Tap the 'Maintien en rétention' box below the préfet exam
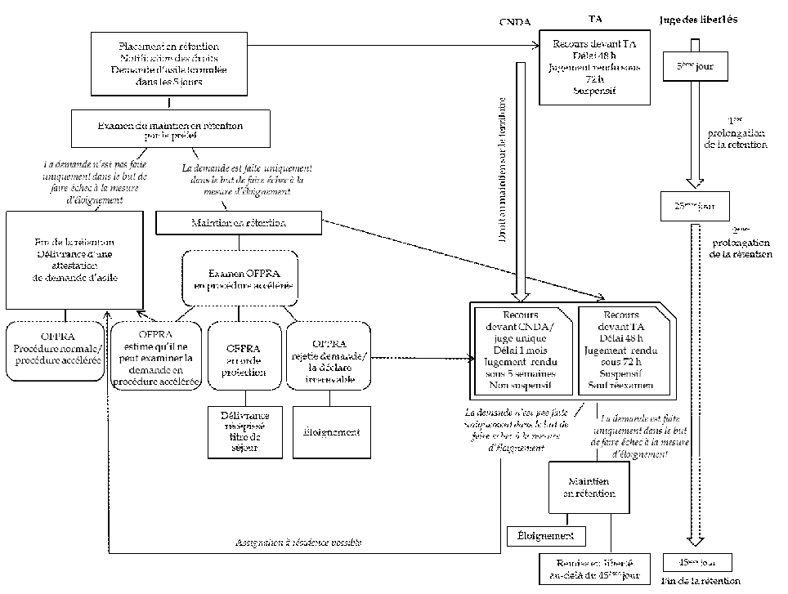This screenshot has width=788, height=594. pos(239,221)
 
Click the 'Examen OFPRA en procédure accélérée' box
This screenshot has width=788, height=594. pos(238,278)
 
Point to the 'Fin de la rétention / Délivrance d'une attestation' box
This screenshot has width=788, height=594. pos(66,259)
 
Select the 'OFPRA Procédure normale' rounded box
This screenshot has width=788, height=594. pos(56,352)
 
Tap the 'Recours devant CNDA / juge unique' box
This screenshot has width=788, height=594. pos(521,350)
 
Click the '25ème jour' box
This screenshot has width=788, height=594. pos(693,206)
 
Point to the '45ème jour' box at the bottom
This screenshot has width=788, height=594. pos(696,563)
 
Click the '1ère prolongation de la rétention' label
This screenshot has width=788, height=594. pos(735,137)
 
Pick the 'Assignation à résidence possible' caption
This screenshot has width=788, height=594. pos(298,543)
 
